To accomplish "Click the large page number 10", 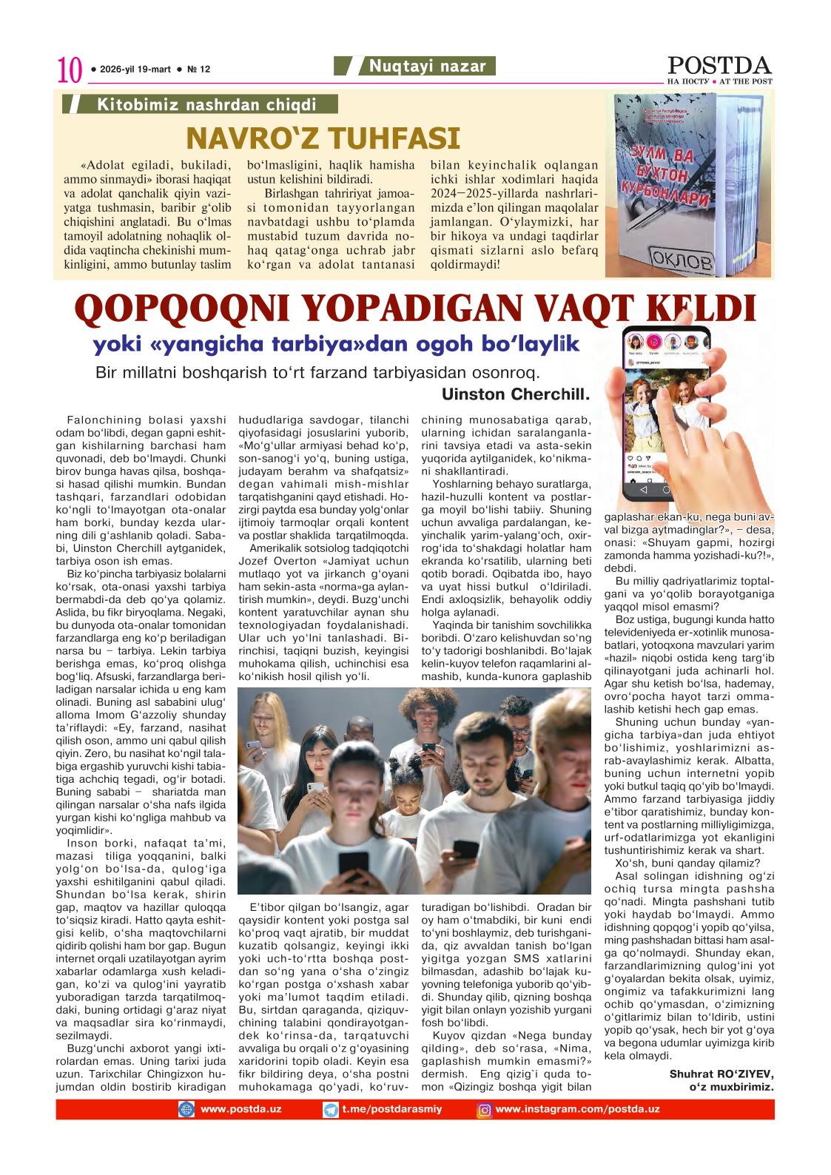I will (x=69, y=71).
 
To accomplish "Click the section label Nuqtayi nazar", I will (x=428, y=67).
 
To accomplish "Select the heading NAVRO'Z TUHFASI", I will (x=323, y=138).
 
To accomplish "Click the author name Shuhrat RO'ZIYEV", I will (x=721, y=1073).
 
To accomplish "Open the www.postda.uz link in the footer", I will (x=240, y=1109).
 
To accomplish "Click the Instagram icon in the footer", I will (x=485, y=1110).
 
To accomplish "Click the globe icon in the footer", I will (x=186, y=1110).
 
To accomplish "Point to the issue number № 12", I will (x=199, y=70).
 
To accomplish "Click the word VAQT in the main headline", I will (x=580, y=310).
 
